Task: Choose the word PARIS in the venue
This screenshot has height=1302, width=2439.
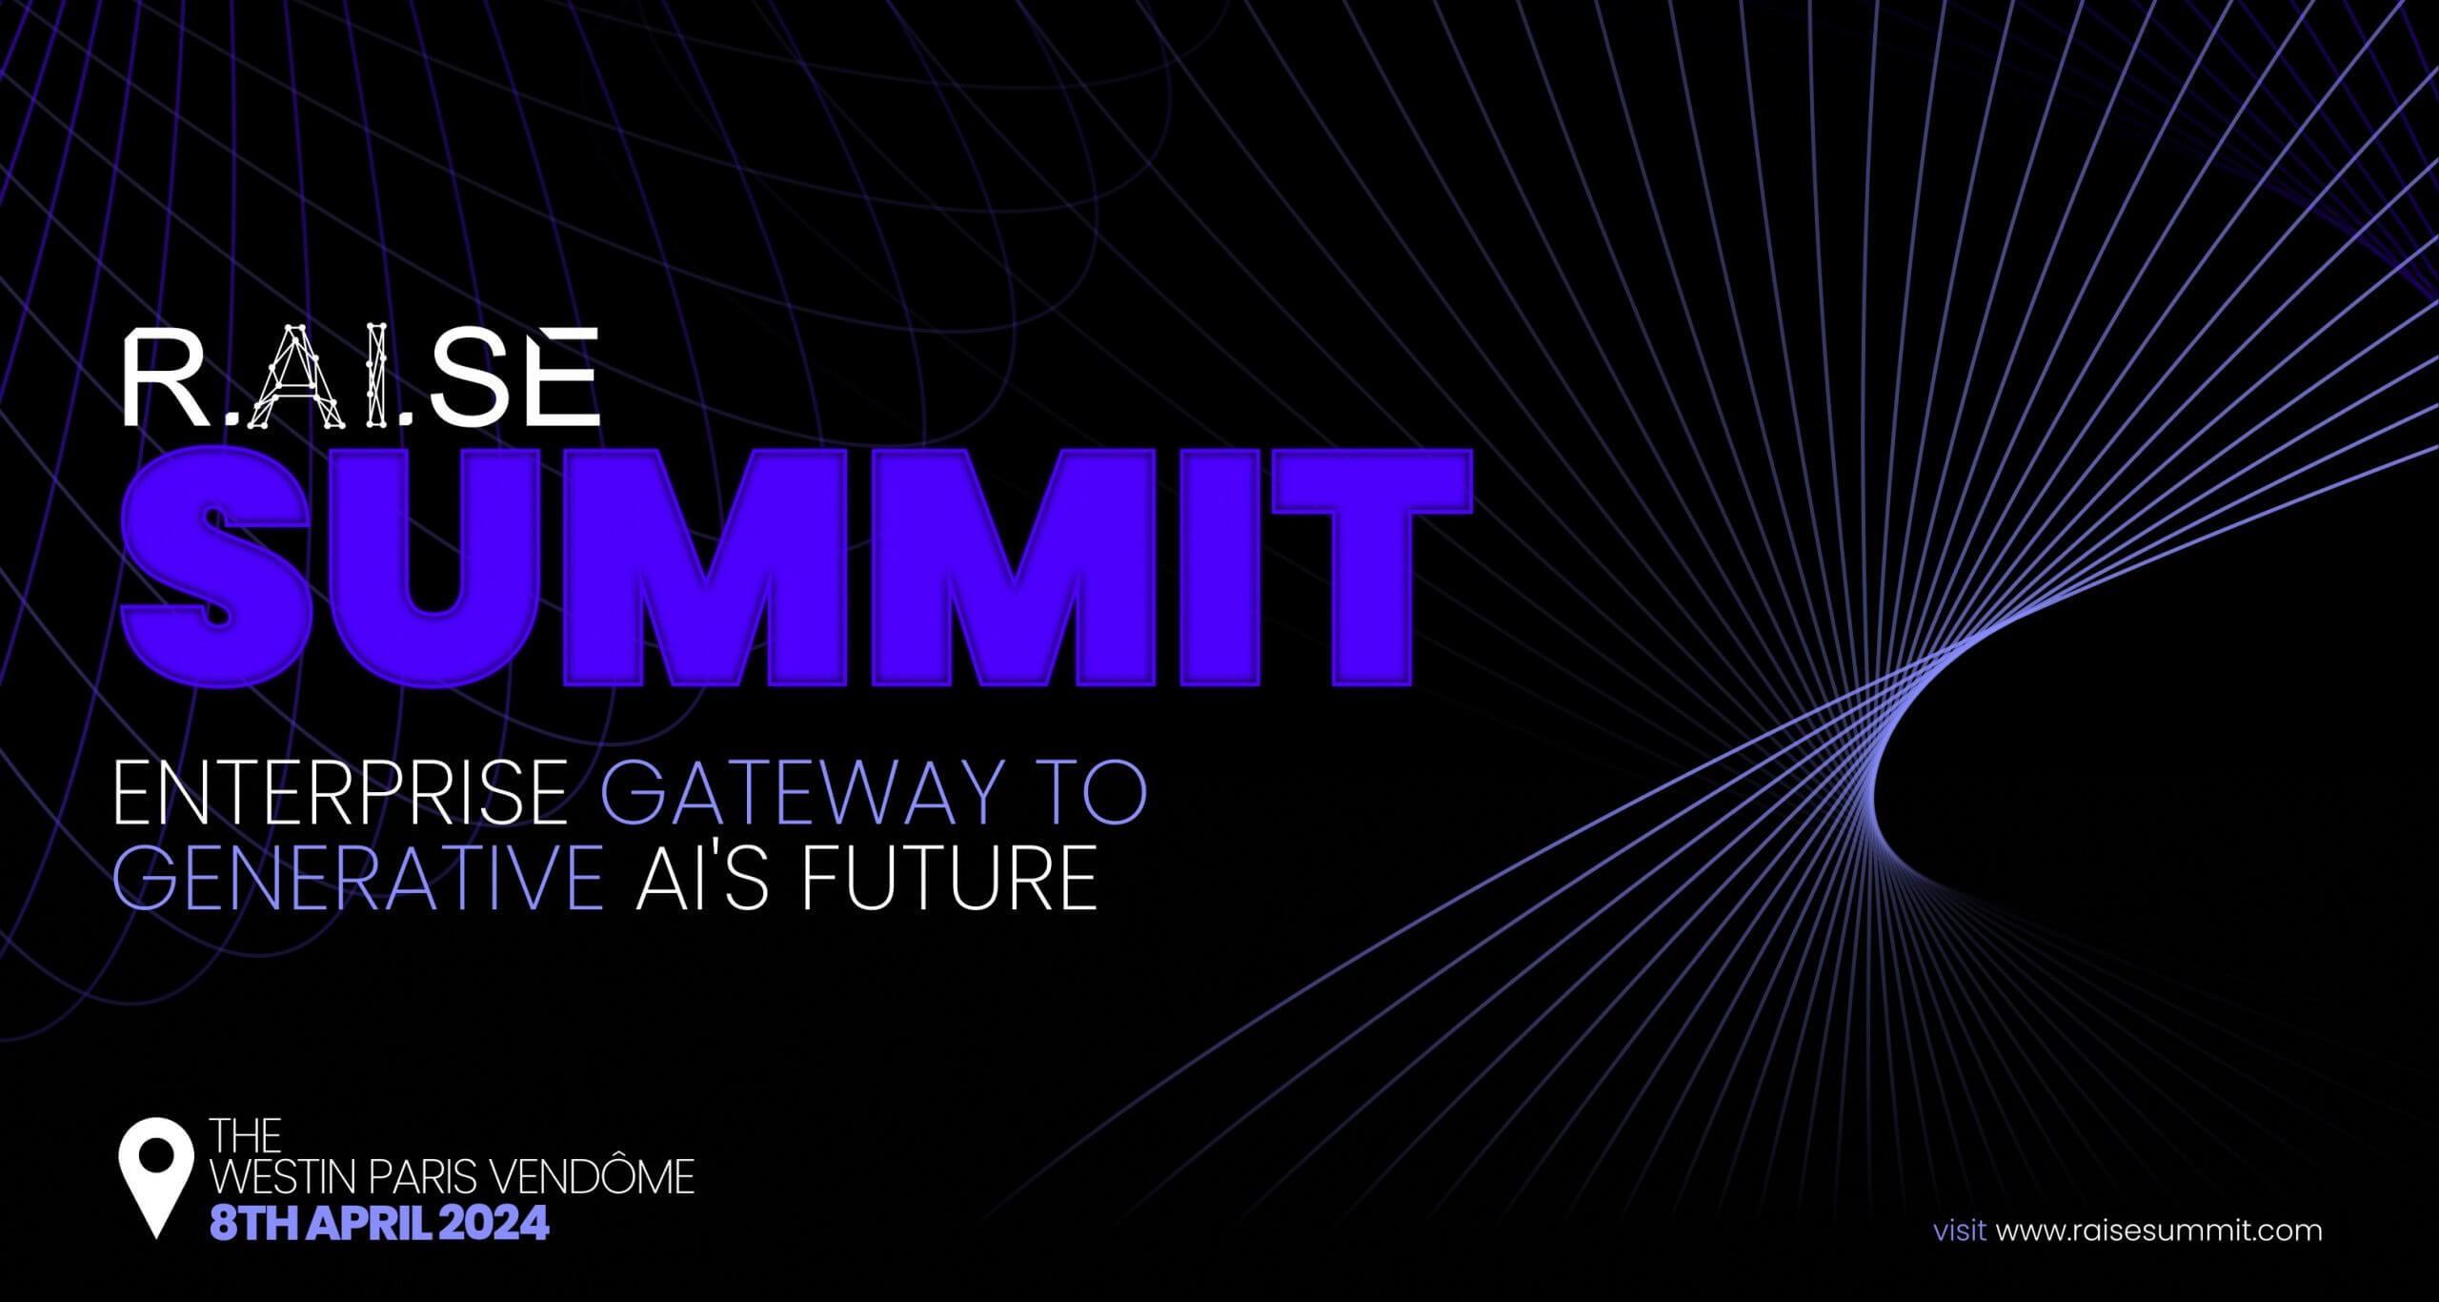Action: point(421,1178)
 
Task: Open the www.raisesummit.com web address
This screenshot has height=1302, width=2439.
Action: point(2159,1231)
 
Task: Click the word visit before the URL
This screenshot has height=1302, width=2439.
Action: point(1959,1231)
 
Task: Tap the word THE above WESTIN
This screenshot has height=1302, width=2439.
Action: point(246,1135)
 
